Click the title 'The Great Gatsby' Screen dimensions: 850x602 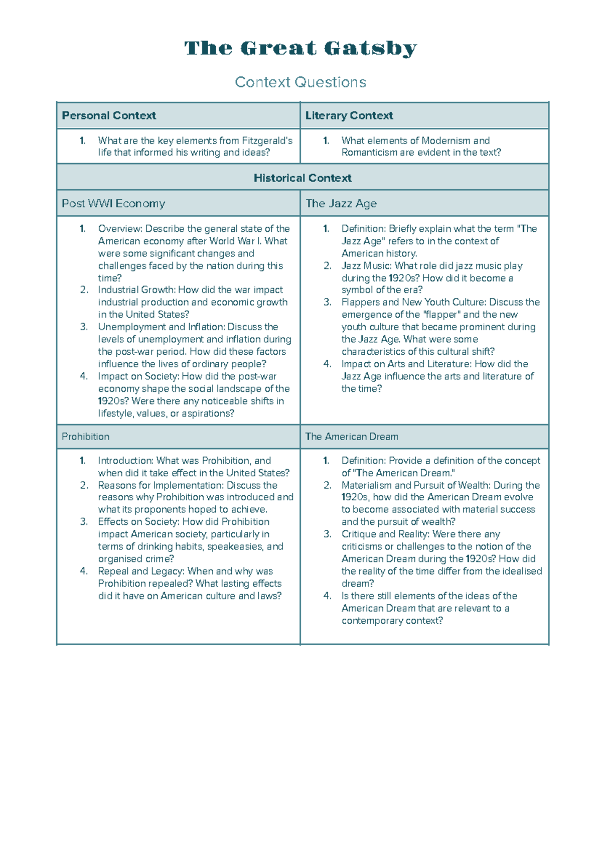pos(300,49)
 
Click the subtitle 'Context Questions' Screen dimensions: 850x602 pos(300,82)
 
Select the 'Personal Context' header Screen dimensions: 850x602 pos(109,115)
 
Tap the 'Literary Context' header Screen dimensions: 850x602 pos(349,115)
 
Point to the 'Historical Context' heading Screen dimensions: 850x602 pos(303,178)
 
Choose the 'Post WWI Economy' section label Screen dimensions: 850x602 pos(113,203)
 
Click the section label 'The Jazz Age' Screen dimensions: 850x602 pos(341,203)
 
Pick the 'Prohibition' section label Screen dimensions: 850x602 pos(85,437)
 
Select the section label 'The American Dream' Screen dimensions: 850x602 pos(352,437)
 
